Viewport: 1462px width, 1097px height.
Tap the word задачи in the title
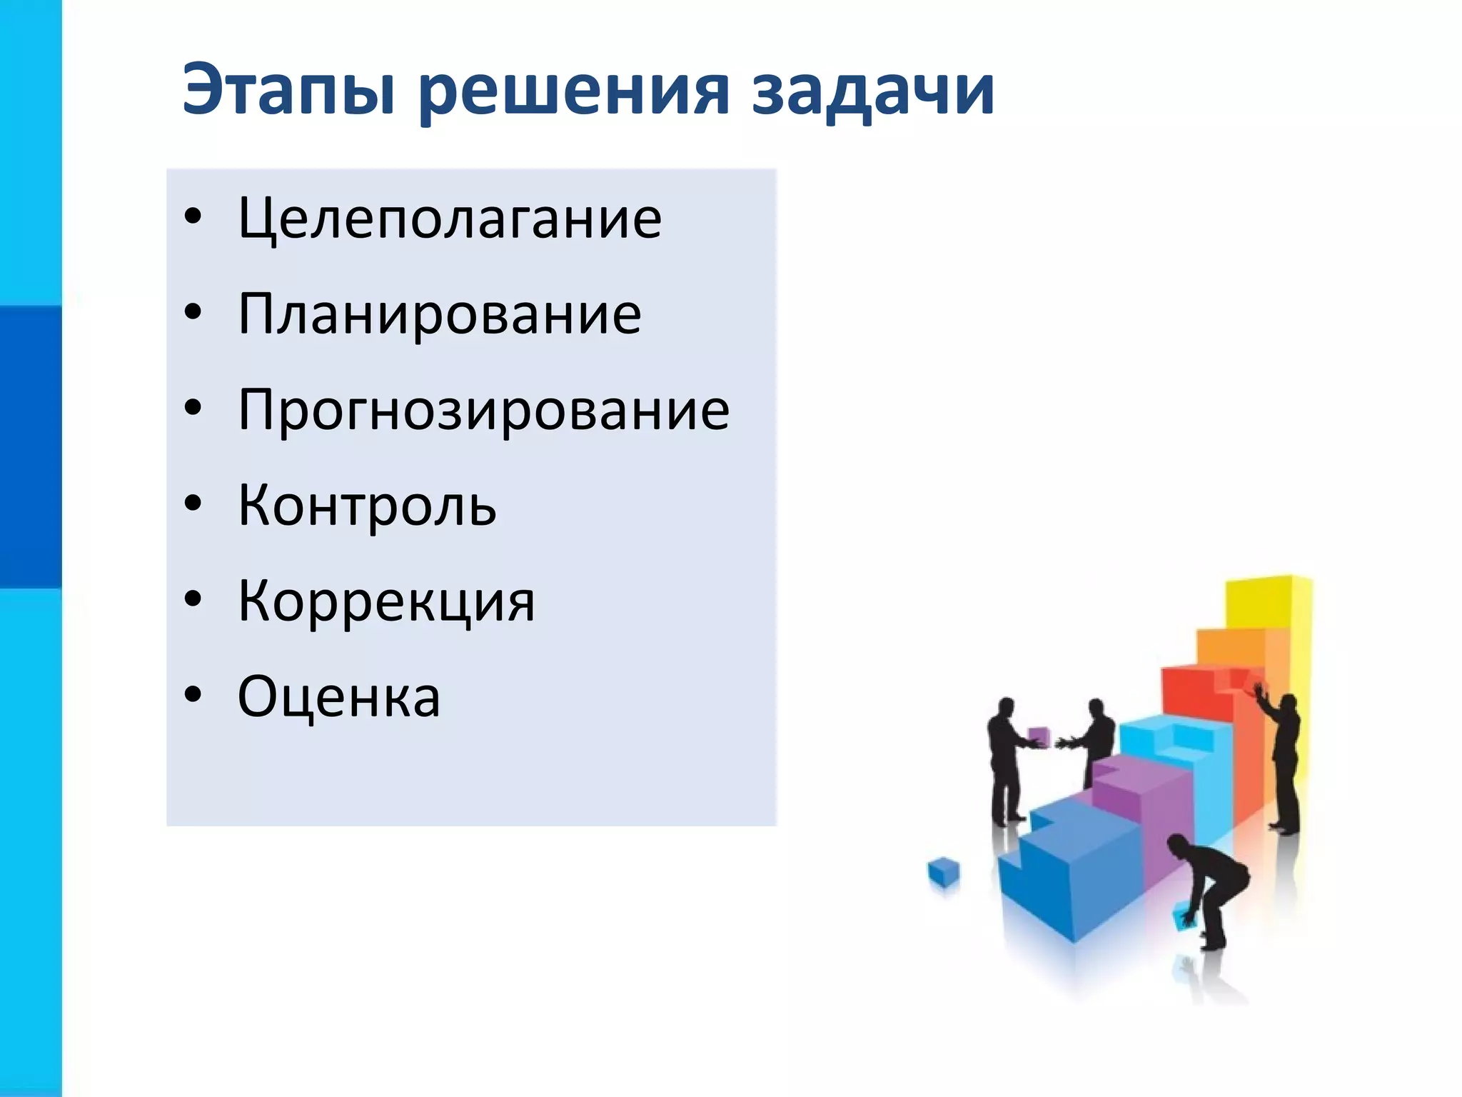pyautogui.click(x=872, y=90)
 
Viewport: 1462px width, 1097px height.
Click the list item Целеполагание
pyautogui.click(x=450, y=219)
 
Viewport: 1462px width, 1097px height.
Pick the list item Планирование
pyautogui.click(x=439, y=314)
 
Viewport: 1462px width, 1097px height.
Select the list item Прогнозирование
pyautogui.click(x=483, y=410)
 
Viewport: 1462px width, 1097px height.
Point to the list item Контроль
pyautogui.click(x=367, y=506)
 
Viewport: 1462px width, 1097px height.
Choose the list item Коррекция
pyautogui.click(x=385, y=601)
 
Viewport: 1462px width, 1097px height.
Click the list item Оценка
pyautogui.click(x=339, y=697)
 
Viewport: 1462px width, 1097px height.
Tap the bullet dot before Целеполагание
pyautogui.click(x=193, y=217)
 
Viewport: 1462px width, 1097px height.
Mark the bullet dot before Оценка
pyautogui.click(x=193, y=695)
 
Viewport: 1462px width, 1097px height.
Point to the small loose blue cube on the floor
pyautogui.click(x=944, y=872)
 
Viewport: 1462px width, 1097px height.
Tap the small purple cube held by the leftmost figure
pyautogui.click(x=1039, y=736)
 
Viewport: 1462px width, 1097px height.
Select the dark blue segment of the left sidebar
pyautogui.click(x=31, y=446)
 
